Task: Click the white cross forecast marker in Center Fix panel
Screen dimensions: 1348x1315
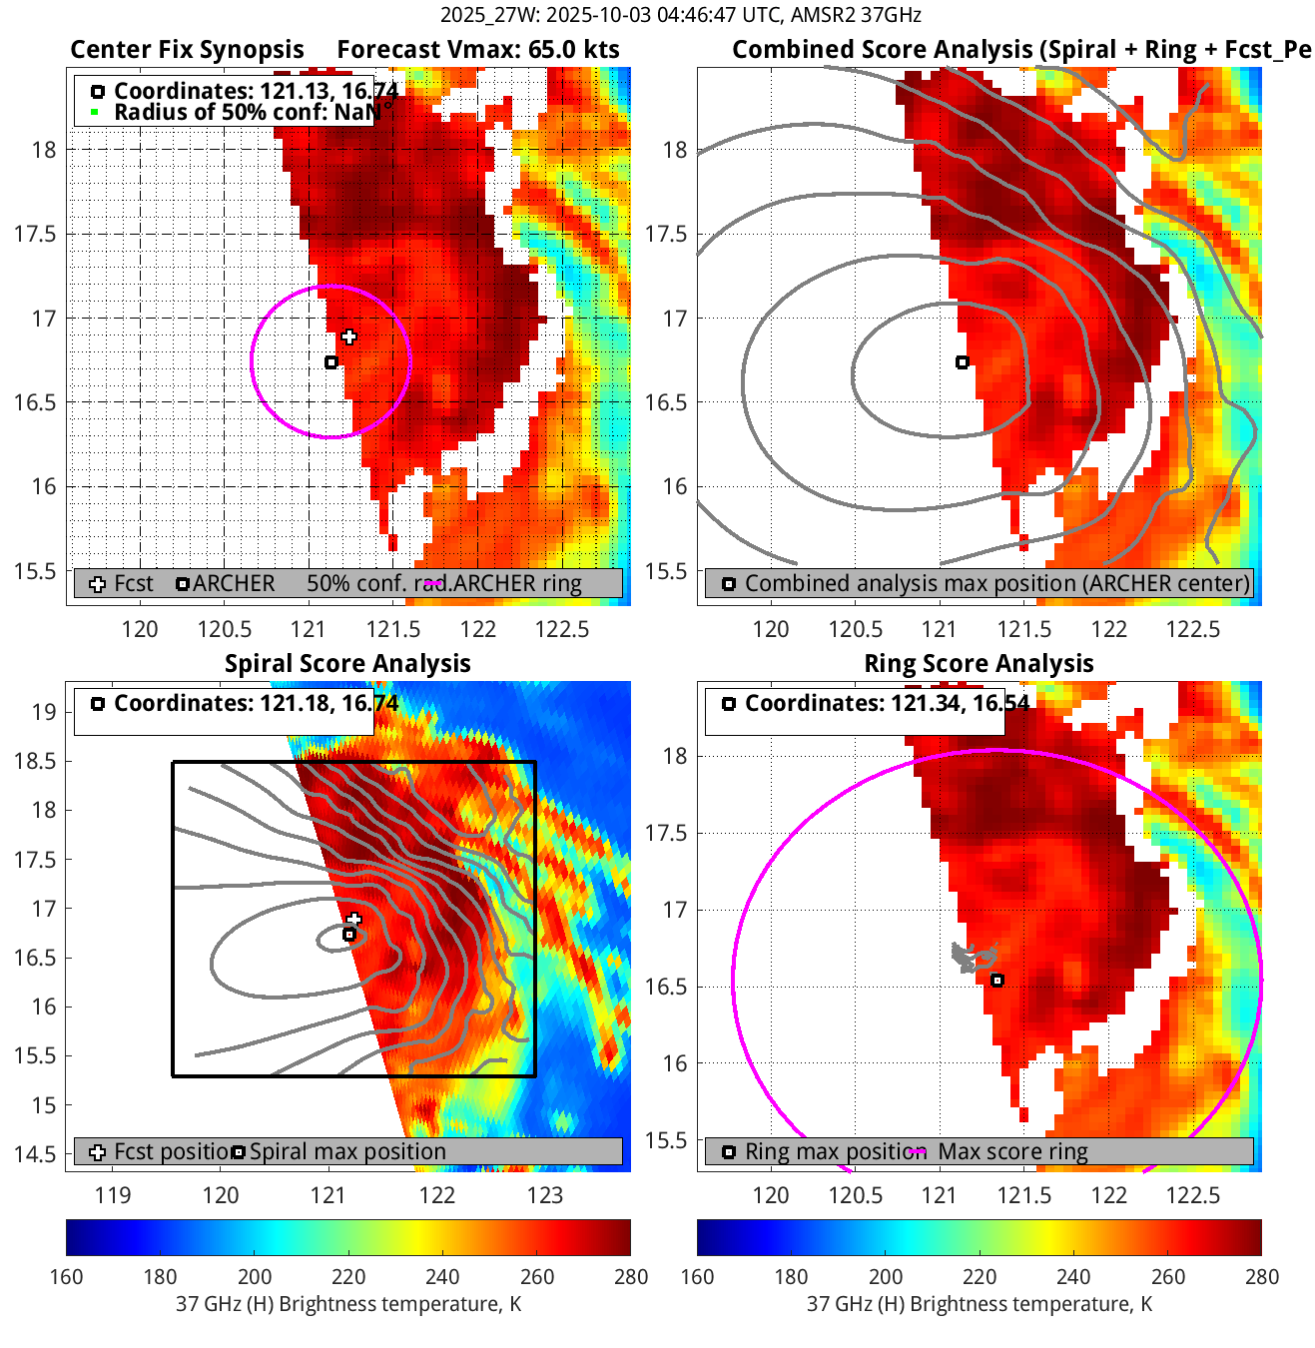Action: coord(348,337)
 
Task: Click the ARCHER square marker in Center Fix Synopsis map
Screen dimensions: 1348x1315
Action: coord(331,362)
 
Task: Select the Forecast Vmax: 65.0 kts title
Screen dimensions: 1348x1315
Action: coord(477,50)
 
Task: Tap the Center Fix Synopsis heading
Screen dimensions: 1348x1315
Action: coord(187,50)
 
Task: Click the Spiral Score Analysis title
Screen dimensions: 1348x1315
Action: coord(347,664)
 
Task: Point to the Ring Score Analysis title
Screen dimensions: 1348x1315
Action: coord(979,664)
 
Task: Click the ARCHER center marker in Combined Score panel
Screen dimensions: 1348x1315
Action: coord(963,362)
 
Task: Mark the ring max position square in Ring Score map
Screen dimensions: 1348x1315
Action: coord(996,981)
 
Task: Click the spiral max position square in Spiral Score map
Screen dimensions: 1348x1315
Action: coord(349,935)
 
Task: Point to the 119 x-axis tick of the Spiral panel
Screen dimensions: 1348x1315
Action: coord(113,1195)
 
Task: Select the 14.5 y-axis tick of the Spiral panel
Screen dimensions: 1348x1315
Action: coord(35,1154)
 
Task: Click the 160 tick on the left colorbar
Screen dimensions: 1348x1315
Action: coord(67,1277)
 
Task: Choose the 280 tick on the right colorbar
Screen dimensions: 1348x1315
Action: coord(1261,1277)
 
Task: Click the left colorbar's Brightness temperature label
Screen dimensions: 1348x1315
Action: coord(348,1304)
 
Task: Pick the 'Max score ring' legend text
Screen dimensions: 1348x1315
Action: coord(1012,1151)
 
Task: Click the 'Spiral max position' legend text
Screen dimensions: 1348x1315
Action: coord(347,1151)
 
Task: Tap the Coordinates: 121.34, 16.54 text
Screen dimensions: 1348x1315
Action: coord(887,703)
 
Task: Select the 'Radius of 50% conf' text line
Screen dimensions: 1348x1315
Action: coord(245,112)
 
